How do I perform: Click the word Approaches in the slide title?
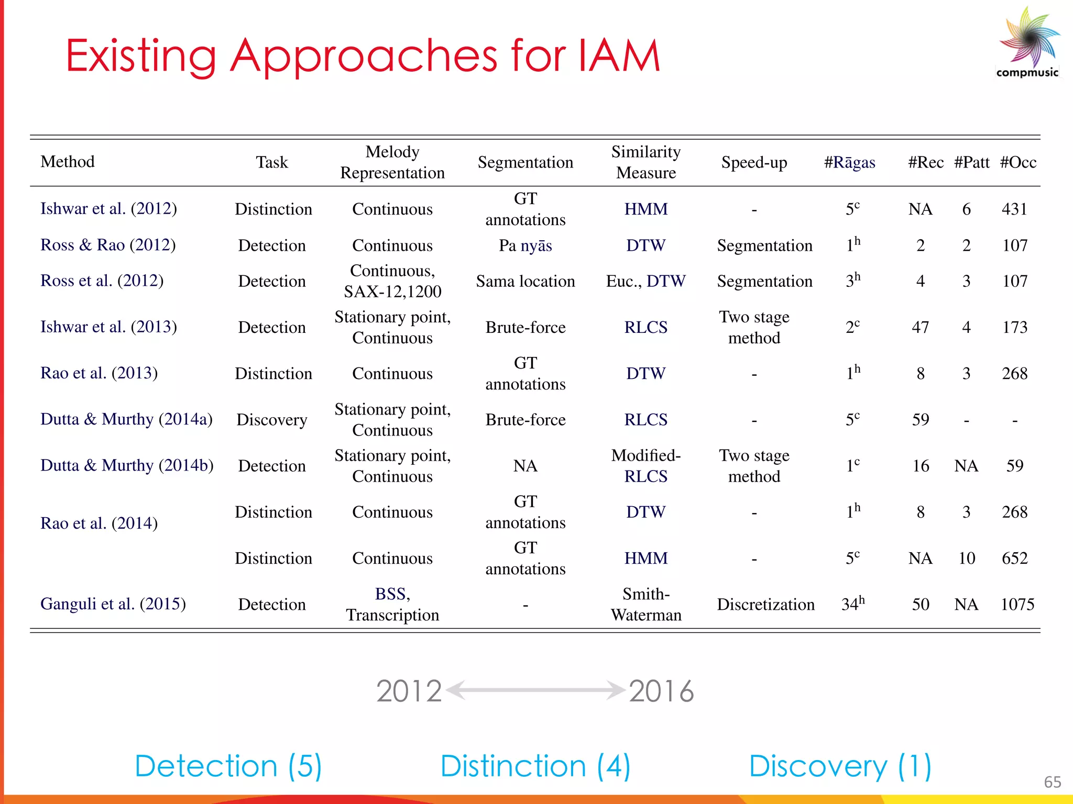364,57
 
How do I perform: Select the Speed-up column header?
754,162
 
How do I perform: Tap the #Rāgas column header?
849,162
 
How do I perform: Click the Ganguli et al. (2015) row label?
113,604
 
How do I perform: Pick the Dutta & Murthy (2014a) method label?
126,419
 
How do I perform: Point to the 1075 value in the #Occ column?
1017,605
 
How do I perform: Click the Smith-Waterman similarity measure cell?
646,605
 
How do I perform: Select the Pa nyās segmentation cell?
525,245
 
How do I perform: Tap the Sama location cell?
525,281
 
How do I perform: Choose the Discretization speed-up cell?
765,605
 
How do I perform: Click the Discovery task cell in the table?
272,420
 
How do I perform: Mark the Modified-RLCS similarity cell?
646,466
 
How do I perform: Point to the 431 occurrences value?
1014,209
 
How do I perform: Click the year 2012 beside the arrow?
409,691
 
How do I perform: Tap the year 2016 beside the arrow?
661,691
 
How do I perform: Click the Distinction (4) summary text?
535,766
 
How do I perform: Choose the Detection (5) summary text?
228,766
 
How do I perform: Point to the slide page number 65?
1052,782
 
